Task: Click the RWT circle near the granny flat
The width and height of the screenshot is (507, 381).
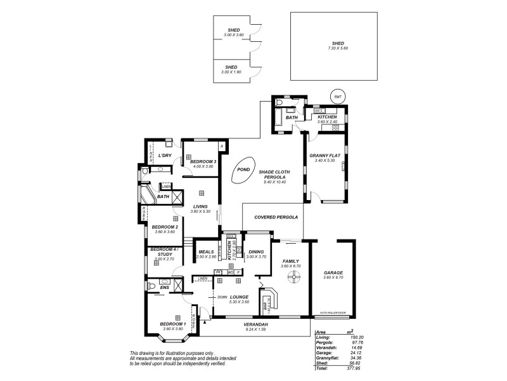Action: (x=338, y=97)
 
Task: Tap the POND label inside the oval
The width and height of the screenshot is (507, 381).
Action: (x=242, y=170)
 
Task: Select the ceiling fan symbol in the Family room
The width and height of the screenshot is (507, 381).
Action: (x=294, y=276)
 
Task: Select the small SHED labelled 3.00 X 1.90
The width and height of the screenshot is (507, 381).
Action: (x=232, y=69)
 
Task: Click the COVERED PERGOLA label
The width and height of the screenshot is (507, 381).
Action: (x=271, y=217)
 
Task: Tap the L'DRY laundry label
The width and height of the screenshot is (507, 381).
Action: (x=165, y=156)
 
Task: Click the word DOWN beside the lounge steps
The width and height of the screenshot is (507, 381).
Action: (x=222, y=297)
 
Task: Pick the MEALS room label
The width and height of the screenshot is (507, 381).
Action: (x=206, y=251)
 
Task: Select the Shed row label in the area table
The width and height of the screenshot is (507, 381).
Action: (x=321, y=361)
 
